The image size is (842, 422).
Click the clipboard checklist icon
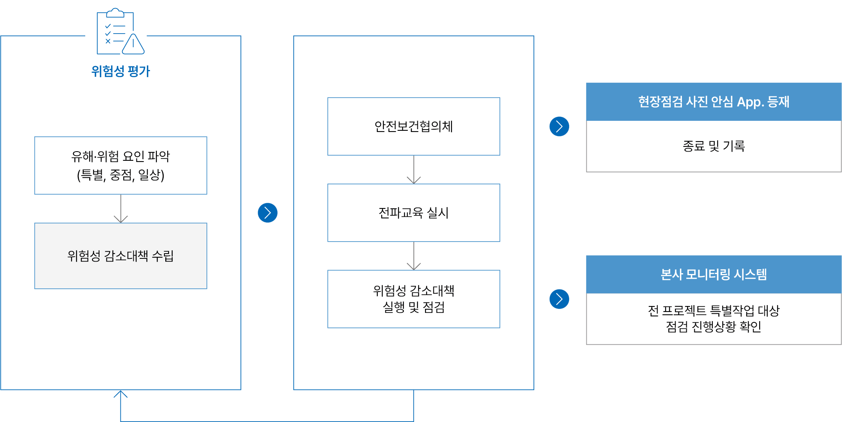pos(120,31)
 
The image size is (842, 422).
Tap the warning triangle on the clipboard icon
pos(133,44)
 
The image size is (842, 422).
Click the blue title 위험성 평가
pos(120,71)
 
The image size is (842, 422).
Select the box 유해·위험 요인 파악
pos(121,166)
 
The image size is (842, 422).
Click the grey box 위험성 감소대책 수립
pos(121,256)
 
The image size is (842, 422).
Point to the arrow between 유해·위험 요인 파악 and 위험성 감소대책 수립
pos(121,209)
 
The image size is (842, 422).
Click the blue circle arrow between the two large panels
pos(268,213)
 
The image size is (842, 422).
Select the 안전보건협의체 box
pos(414,126)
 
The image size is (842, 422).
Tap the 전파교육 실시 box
pos(414,213)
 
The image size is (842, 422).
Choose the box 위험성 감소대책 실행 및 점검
pos(414,299)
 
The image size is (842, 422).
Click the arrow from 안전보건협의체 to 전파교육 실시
pos(414,170)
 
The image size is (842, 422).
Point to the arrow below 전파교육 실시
pos(414,256)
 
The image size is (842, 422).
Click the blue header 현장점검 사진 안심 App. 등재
pos(714,102)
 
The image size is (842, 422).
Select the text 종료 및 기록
pos(714,146)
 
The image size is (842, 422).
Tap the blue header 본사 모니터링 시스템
pos(714,274)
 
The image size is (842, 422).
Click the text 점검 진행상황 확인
pos(714,327)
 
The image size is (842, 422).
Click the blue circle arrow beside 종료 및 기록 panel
pos(559,126)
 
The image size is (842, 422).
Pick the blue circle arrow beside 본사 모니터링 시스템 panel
pos(559,299)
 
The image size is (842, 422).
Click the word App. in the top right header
pos(750,102)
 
